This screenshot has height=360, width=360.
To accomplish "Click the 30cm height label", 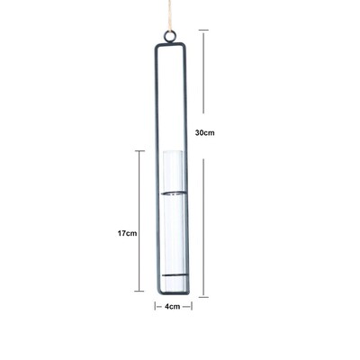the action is coord(205,132).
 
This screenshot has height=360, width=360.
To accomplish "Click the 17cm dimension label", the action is coord(127,233).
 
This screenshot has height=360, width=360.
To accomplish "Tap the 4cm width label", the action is coord(173,306).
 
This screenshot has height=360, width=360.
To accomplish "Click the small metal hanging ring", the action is coord(170,37).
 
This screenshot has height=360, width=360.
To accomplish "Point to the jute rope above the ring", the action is coord(170,15).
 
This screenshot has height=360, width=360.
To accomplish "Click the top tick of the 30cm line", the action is coord(203,30).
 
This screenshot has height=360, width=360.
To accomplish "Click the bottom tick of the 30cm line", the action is coord(203,297).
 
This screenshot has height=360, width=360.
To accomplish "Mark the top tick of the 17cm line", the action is coord(139,151).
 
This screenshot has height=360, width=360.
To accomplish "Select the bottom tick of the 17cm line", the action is coord(139,291).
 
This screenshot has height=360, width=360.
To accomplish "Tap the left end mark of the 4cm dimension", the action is coord(155,306).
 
